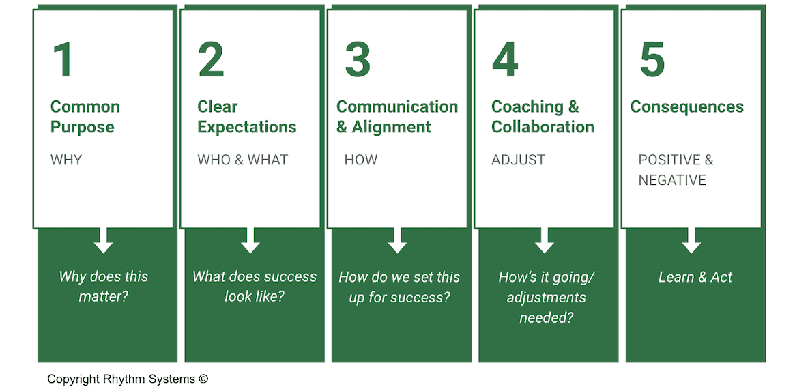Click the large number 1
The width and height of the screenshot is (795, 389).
tap(63, 60)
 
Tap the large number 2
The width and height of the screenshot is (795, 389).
tap(211, 60)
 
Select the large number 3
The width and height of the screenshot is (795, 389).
tap(358, 60)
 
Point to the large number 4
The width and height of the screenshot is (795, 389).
tap(505, 60)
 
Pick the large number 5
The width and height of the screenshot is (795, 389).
tap(652, 60)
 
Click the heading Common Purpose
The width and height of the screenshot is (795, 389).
tap(85, 117)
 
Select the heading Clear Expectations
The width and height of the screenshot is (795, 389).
tap(246, 117)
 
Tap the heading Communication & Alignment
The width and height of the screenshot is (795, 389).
tap(397, 117)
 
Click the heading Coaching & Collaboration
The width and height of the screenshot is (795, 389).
tap(543, 117)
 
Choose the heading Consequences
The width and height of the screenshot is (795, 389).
tap(686, 107)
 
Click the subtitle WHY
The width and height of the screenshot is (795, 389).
tap(66, 160)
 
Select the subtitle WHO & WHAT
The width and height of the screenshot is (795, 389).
tap(242, 160)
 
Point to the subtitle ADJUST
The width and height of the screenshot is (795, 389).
tap(518, 160)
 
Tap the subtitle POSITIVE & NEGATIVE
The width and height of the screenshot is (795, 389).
tap(675, 170)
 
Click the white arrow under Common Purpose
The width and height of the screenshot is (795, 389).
tap(104, 240)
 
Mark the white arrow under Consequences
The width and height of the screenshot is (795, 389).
tap(691, 240)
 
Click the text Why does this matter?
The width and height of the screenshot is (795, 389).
tap(104, 287)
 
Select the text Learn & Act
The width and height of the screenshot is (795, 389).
tap(695, 277)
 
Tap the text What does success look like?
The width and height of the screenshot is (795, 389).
tap(254, 287)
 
